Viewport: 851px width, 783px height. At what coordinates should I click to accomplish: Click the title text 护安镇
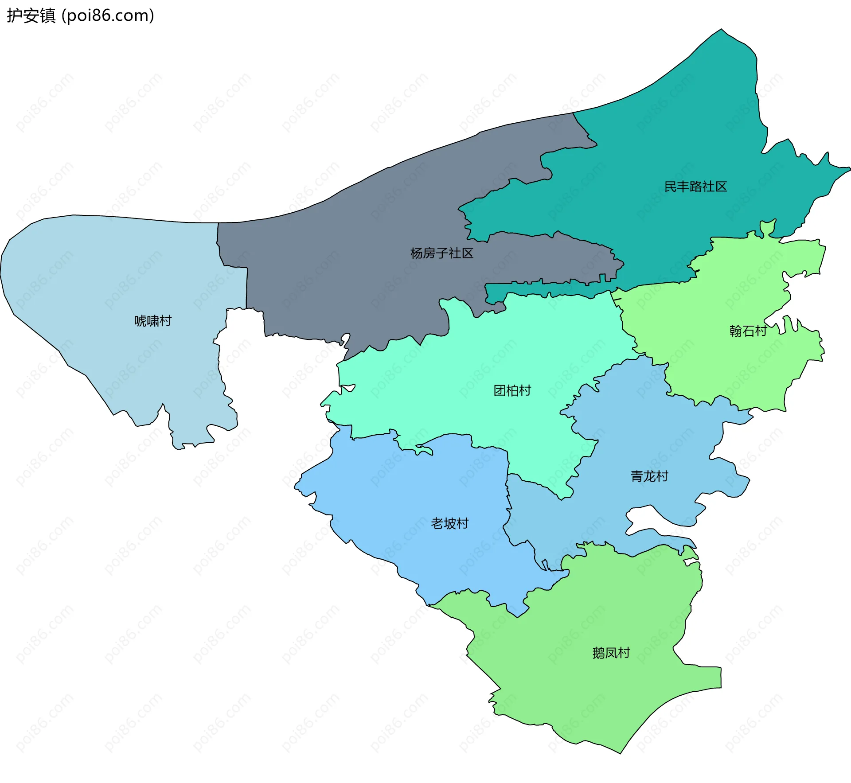(x=31, y=16)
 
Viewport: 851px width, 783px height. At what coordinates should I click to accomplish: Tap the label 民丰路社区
(x=695, y=187)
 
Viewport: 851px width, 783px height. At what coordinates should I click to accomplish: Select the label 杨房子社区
(x=442, y=253)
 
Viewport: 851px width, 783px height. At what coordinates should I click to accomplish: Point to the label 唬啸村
(x=153, y=320)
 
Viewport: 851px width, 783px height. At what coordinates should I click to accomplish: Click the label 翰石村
(x=748, y=331)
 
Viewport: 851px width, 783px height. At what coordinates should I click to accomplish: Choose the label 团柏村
(x=512, y=390)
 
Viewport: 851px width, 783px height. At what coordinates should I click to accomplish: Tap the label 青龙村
(x=649, y=476)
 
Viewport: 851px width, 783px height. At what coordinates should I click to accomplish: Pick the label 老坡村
(x=450, y=523)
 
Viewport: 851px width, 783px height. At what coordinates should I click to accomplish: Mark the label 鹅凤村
(x=611, y=653)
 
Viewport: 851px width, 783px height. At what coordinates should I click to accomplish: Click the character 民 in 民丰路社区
(x=671, y=187)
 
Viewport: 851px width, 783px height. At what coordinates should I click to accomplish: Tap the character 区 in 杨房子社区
(x=468, y=253)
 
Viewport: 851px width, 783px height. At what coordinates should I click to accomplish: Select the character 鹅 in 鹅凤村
(x=599, y=653)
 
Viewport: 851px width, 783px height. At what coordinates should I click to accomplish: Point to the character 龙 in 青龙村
(x=649, y=476)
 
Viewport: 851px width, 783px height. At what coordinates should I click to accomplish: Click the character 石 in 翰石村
(x=748, y=331)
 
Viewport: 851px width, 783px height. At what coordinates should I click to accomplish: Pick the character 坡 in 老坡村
(x=450, y=523)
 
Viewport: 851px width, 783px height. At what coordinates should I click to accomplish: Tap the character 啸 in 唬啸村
(x=153, y=320)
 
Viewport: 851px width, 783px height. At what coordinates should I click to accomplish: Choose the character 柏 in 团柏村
(x=512, y=390)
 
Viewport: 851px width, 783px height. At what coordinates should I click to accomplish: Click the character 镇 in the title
(x=48, y=16)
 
